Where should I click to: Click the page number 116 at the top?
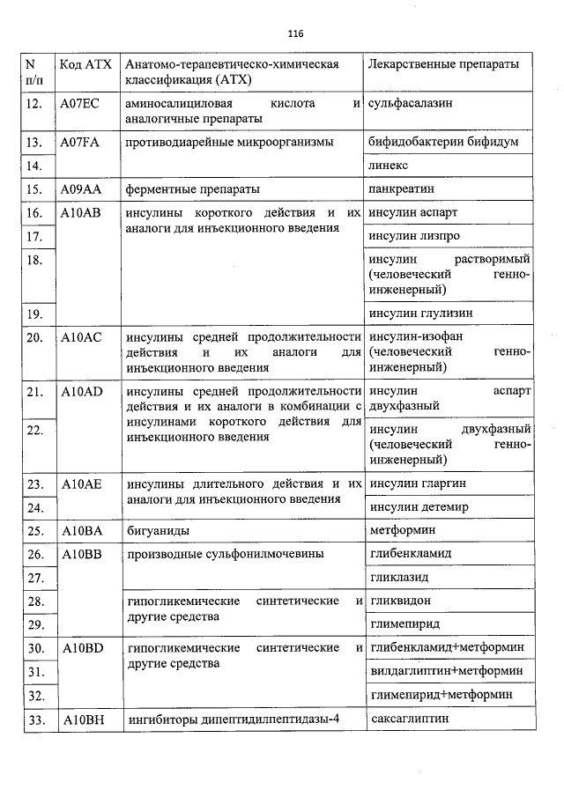[x=295, y=34]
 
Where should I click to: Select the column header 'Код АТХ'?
[x=84, y=65]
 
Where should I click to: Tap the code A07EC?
[x=80, y=103]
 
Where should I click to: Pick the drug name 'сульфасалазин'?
[x=411, y=103]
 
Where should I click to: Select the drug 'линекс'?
[x=390, y=166]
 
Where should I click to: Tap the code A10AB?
[x=82, y=213]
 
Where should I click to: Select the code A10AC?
[x=82, y=337]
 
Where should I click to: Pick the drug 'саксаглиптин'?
[x=410, y=720]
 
